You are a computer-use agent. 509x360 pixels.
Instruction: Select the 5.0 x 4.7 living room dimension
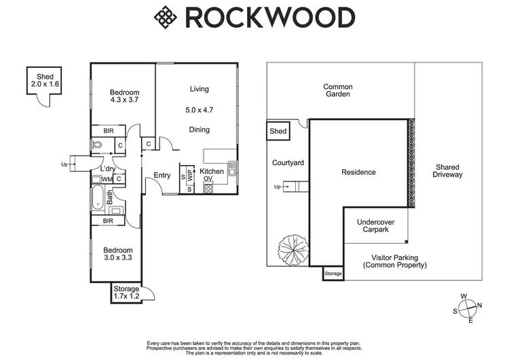[x=199, y=109]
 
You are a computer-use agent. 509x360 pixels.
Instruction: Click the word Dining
[x=199, y=130]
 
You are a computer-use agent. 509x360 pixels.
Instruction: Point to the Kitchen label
[x=212, y=172]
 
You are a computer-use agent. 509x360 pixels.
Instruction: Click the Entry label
[x=162, y=175]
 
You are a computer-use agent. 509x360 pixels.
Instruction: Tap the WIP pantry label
[x=191, y=174]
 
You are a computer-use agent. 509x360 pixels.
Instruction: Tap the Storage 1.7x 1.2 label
[x=126, y=293]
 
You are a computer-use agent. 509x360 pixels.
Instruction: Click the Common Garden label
[x=337, y=90]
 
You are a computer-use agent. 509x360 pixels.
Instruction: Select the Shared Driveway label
[x=448, y=170]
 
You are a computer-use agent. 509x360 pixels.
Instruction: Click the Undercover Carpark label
[x=375, y=226]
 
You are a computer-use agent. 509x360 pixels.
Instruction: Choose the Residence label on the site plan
[x=358, y=173]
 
